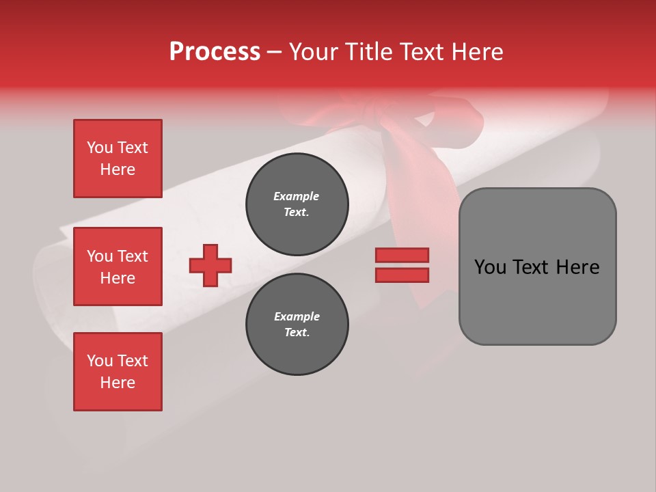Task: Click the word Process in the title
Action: click(x=215, y=51)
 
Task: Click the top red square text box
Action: click(x=118, y=159)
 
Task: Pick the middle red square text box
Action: click(x=118, y=266)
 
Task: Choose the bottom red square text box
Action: click(x=118, y=372)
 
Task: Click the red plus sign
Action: click(x=210, y=265)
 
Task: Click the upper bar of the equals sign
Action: click(x=402, y=255)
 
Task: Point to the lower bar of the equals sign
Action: click(x=402, y=275)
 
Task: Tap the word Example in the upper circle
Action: click(x=296, y=196)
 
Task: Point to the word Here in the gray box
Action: click(x=577, y=266)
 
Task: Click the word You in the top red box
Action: click(x=100, y=148)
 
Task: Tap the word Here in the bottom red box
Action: click(x=118, y=383)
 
